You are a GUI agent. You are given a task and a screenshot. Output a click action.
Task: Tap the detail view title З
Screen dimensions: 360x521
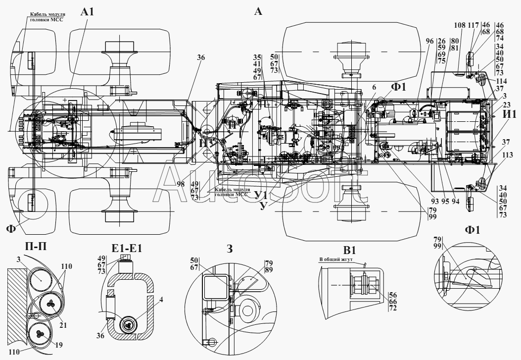tap(229, 248)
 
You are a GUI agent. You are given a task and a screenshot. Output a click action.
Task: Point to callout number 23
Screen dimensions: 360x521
tap(506, 104)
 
